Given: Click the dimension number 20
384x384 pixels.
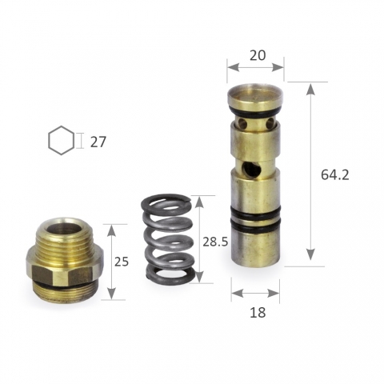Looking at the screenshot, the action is [x=258, y=55].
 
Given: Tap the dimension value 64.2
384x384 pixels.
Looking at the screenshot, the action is [x=334, y=175].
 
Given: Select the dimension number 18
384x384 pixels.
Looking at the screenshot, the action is [x=258, y=312].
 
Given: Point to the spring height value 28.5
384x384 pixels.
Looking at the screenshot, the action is [x=215, y=242].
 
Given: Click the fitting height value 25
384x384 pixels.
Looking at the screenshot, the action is [x=122, y=262].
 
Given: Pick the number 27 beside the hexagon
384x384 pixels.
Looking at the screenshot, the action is [x=98, y=142].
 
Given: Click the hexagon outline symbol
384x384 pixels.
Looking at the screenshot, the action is [x=62, y=141].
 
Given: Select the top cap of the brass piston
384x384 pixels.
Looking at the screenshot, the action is [x=255, y=96].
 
